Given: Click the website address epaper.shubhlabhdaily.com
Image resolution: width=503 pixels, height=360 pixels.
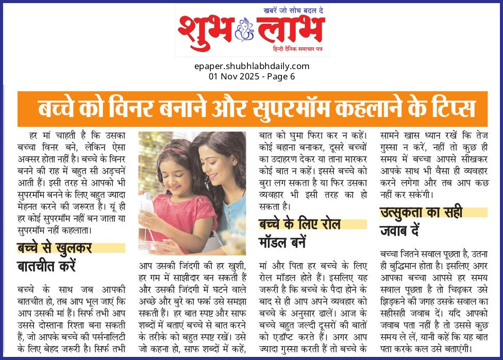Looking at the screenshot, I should [x=252, y=66].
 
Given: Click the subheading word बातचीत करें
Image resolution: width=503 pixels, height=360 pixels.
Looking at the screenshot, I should [x=46, y=267].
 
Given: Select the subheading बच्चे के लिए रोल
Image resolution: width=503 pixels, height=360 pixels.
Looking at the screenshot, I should [x=299, y=224].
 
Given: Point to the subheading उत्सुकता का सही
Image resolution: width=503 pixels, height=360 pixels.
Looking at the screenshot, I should [x=421, y=212].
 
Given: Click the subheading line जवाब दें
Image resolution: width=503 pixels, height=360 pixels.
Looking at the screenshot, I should [x=399, y=231].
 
